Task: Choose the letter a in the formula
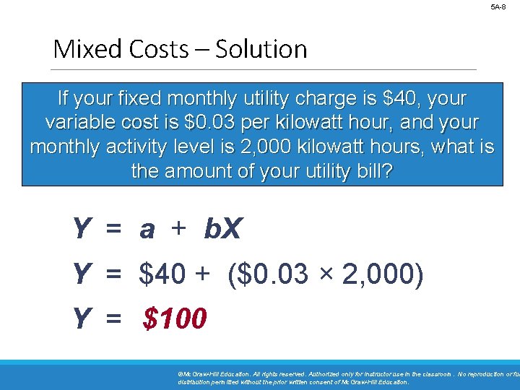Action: tap(147, 230)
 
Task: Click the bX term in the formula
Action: tap(224, 230)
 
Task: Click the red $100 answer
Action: tap(175, 318)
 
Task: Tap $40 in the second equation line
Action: tap(164, 274)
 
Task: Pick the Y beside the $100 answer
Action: tap(81, 318)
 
